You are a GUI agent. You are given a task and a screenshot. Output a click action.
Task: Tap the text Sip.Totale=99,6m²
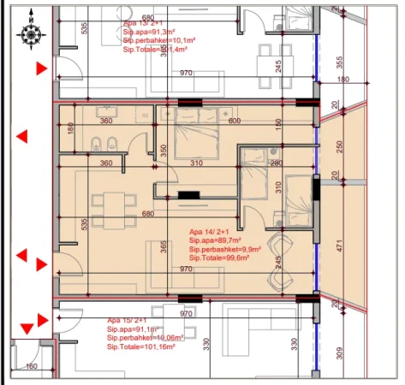point(219,258)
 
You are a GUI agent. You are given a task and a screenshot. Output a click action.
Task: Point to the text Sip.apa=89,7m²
point(216,240)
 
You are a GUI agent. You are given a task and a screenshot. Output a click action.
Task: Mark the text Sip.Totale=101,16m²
point(142,346)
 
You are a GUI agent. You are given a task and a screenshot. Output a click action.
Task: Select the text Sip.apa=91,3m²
point(150,32)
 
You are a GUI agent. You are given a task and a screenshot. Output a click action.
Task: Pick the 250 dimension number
point(341,146)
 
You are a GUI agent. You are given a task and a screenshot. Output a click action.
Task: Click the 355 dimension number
point(341,62)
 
